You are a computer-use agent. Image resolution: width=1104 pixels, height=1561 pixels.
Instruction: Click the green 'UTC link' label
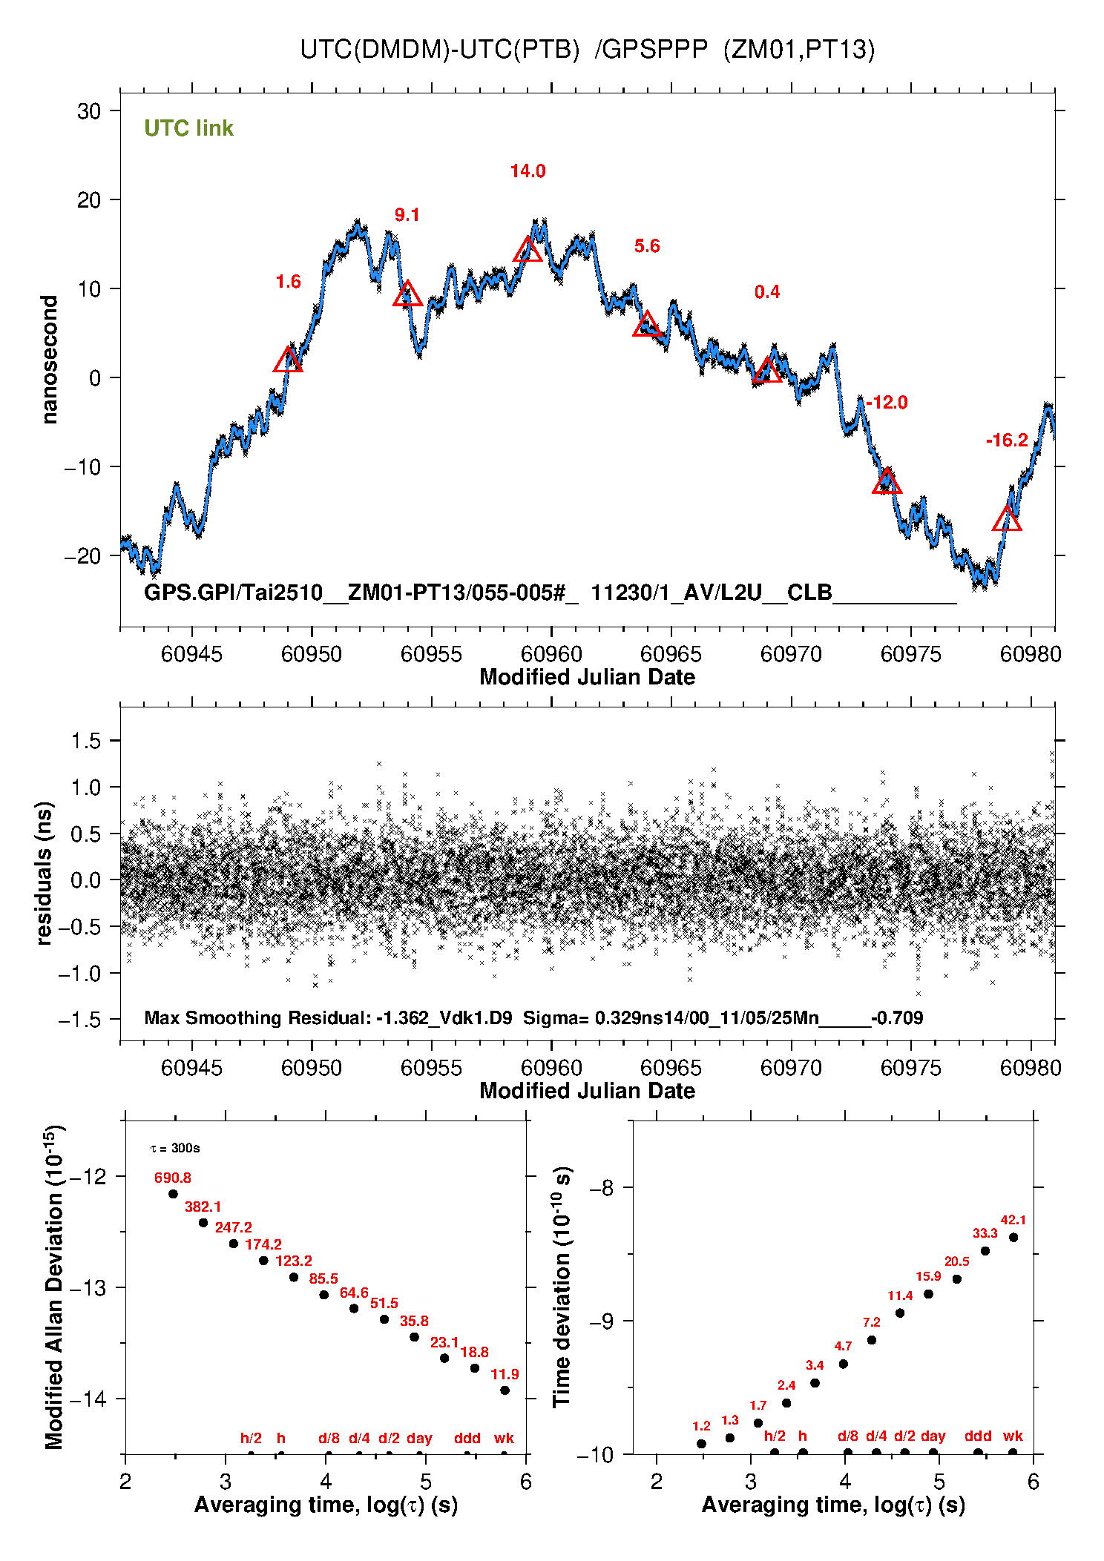coord(188,128)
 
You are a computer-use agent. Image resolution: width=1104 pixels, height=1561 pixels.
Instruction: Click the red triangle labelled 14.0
coord(528,251)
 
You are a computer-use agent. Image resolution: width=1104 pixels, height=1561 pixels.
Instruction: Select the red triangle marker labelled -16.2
coord(1007,519)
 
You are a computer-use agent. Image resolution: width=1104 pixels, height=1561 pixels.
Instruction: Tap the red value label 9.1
coord(407,215)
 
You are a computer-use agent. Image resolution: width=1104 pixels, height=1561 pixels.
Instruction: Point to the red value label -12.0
coord(887,403)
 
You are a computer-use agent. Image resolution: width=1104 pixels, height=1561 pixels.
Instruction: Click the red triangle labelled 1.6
coord(288,361)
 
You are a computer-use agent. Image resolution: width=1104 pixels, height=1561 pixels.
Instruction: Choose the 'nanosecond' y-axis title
coord(49,360)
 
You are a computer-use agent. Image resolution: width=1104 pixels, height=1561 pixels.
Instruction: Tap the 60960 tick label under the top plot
coord(551,654)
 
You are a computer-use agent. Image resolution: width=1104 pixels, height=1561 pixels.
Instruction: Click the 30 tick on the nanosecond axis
coord(89,111)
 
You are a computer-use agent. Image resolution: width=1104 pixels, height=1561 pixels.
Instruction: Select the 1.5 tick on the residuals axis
coord(86,741)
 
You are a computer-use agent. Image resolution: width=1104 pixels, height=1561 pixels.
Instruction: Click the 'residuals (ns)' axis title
coord(45,873)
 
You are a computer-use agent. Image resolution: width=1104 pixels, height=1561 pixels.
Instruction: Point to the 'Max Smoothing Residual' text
coord(257,1017)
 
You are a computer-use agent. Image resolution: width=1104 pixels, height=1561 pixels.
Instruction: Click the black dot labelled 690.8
coord(173,1194)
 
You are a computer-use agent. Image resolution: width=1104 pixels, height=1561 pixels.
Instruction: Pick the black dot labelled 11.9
coord(505,1390)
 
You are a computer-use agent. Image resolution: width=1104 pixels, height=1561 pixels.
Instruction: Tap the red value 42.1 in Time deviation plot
coord(1013,1220)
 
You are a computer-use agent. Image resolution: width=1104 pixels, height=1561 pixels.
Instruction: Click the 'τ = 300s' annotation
coord(175,1149)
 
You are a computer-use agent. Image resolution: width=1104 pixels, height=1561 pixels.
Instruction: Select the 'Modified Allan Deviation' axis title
coord(54,1287)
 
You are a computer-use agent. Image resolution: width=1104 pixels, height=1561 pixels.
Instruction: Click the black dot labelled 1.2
coord(701,1444)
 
